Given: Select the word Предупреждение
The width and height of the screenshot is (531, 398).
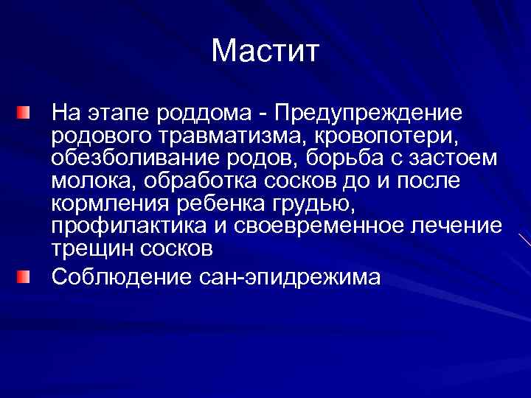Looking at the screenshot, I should pos(368,114).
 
